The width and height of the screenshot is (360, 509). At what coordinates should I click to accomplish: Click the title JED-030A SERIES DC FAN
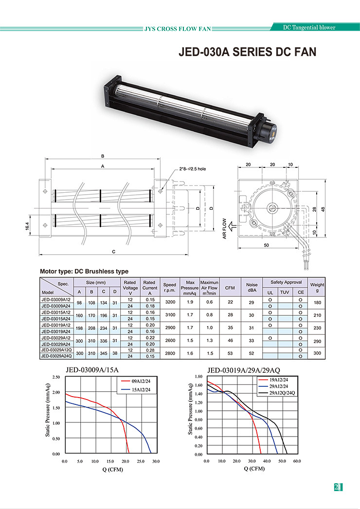pos(247,52)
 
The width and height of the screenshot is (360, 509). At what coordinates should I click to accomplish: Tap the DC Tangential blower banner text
pos(309,28)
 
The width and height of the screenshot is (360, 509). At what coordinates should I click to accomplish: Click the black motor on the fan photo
pos(268,129)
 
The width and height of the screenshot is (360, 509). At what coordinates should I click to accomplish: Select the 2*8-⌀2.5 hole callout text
pos(193,169)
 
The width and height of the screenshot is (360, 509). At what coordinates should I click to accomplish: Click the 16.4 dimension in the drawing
pos(27,226)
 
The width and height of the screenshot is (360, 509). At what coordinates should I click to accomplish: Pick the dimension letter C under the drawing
pos(114,252)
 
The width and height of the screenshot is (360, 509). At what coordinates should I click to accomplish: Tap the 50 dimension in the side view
pos(266,245)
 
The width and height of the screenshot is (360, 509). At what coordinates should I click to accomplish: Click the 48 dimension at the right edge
pos(323,209)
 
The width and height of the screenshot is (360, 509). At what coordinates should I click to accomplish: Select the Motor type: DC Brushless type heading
pos(84,272)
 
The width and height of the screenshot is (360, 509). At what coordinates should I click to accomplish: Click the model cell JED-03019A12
pos(56,325)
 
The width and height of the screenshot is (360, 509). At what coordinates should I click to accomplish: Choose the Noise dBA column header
pos(252,287)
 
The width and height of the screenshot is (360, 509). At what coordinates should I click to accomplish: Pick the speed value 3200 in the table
pos(170,302)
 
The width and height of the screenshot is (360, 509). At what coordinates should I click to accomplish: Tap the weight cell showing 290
pos(318,341)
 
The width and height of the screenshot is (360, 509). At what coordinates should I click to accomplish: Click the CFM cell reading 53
pos(230,353)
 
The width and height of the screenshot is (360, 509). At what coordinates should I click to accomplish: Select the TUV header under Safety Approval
pos(285,292)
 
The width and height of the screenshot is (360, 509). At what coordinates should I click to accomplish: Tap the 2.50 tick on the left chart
pos(56,377)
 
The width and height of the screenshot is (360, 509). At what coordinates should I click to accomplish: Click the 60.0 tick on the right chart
pos(297,461)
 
